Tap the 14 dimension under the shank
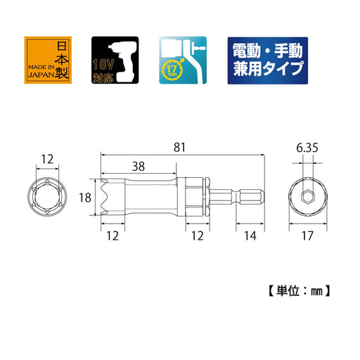click(x=250, y=237)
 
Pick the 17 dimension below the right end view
click(x=308, y=237)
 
